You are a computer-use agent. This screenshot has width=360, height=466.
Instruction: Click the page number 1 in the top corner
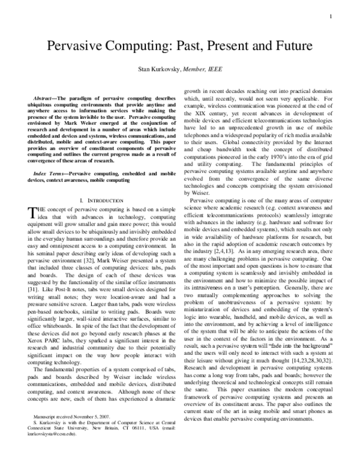[x=347, y=17]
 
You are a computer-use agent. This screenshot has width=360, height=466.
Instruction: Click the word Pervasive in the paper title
[x=74, y=46]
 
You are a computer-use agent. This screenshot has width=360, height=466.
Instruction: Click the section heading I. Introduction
[x=100, y=199]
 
